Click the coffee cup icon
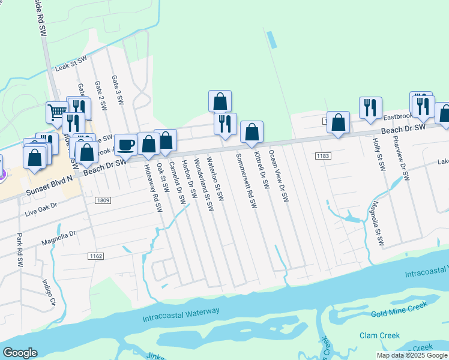pos(125,145)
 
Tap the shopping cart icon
pos(56,111)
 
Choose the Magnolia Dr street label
pos(59,238)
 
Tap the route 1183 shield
pos(322,156)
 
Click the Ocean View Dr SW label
pos(279,176)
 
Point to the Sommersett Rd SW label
pos(246,180)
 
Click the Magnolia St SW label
pos(377,224)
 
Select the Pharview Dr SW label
pos(400,158)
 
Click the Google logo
pos(20,353)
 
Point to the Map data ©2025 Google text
pos(412,355)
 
